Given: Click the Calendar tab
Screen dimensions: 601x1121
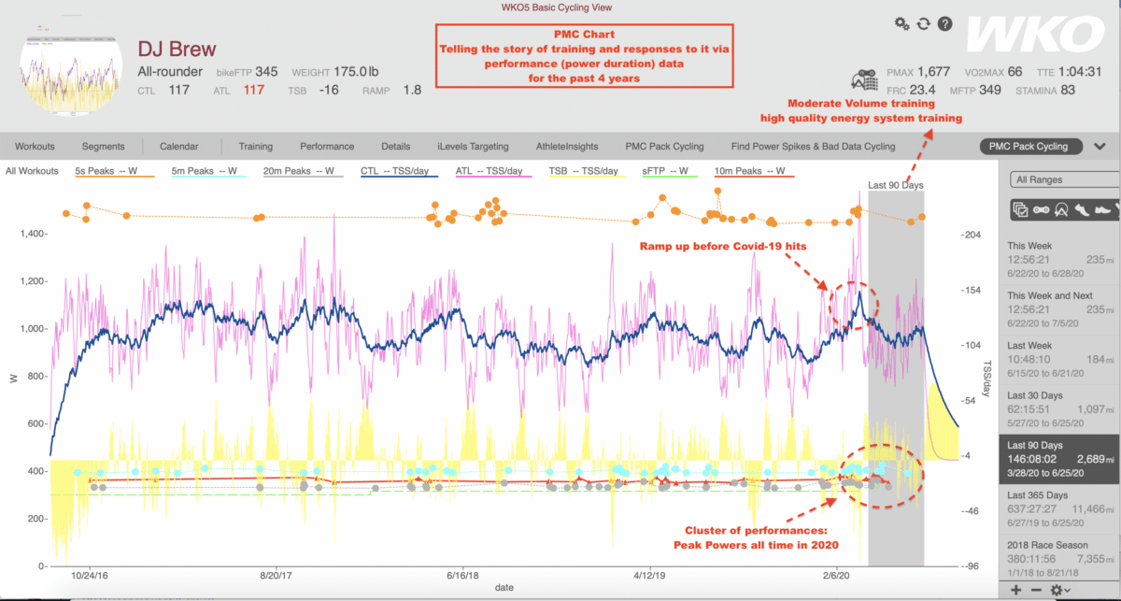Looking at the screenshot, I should (178, 146).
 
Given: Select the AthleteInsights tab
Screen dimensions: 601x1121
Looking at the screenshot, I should (568, 146).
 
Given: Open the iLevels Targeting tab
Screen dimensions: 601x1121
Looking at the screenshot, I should (472, 146).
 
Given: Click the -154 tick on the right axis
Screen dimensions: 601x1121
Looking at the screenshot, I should (972, 291).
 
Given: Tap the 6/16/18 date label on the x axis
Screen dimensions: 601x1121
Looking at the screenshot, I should (463, 577).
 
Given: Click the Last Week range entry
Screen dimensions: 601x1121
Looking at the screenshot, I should (1028, 347).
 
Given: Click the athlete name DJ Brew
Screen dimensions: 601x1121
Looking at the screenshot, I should (176, 49).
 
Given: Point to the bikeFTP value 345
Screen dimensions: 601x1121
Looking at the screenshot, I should (266, 72).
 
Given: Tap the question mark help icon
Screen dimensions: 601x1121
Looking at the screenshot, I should (944, 23).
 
